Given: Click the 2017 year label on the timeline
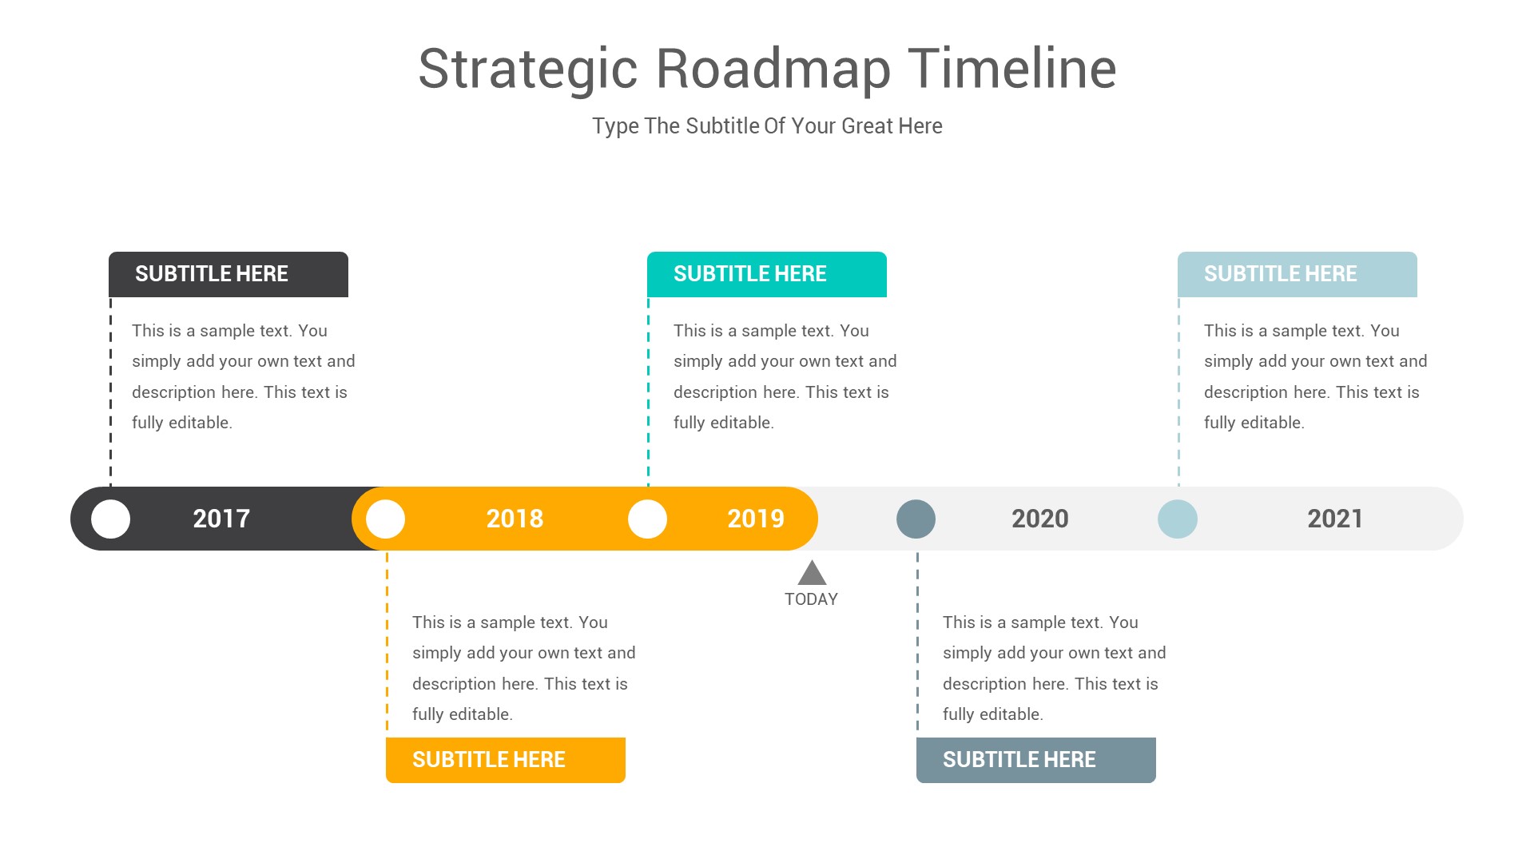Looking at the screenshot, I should point(221,519).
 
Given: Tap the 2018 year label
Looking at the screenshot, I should point(515,519).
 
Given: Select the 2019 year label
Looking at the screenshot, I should point(755,519).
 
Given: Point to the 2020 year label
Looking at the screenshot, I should point(1039,519).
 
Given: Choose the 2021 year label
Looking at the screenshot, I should point(1335,519).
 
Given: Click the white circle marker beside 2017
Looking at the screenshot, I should point(111,519).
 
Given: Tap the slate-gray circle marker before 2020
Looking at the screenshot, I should point(916,519).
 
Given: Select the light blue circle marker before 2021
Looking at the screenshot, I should point(1178,519).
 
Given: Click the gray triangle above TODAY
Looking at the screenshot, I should point(812,574).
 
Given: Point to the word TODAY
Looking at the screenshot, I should point(811,599).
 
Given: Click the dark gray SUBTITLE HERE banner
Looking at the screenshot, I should point(229,274).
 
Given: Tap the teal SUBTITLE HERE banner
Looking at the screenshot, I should point(767,274).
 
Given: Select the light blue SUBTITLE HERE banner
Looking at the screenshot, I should point(1298,274).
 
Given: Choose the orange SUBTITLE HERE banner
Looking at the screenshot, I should point(506,760).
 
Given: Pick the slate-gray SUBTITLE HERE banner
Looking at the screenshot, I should point(1036,760).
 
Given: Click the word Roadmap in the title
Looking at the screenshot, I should point(773,69).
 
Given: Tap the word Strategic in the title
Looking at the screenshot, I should point(527,69).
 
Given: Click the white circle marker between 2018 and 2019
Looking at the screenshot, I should point(647,519).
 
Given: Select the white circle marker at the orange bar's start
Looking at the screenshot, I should point(386,519).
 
